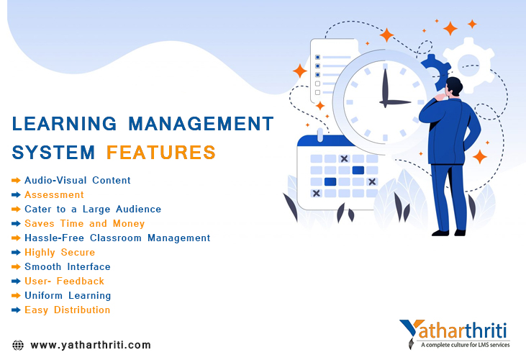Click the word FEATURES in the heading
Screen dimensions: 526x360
161,153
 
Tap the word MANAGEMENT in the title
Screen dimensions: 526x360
201,123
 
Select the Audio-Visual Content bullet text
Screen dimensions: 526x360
78,180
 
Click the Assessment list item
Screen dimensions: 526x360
54,194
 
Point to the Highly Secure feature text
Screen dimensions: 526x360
60,253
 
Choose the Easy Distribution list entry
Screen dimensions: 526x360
68,310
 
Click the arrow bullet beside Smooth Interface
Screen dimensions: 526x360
16,266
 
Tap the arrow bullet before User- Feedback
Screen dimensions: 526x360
16,281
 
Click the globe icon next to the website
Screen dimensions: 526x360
18,345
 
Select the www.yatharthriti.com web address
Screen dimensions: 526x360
91,345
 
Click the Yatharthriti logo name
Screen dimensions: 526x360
454,330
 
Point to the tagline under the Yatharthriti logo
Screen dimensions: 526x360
466,345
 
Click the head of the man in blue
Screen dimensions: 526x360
454,86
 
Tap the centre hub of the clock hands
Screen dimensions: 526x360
385,102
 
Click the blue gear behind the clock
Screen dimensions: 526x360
435,72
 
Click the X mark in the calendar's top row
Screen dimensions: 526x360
344,158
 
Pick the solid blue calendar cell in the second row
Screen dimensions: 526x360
358,170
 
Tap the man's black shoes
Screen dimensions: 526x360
448,233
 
